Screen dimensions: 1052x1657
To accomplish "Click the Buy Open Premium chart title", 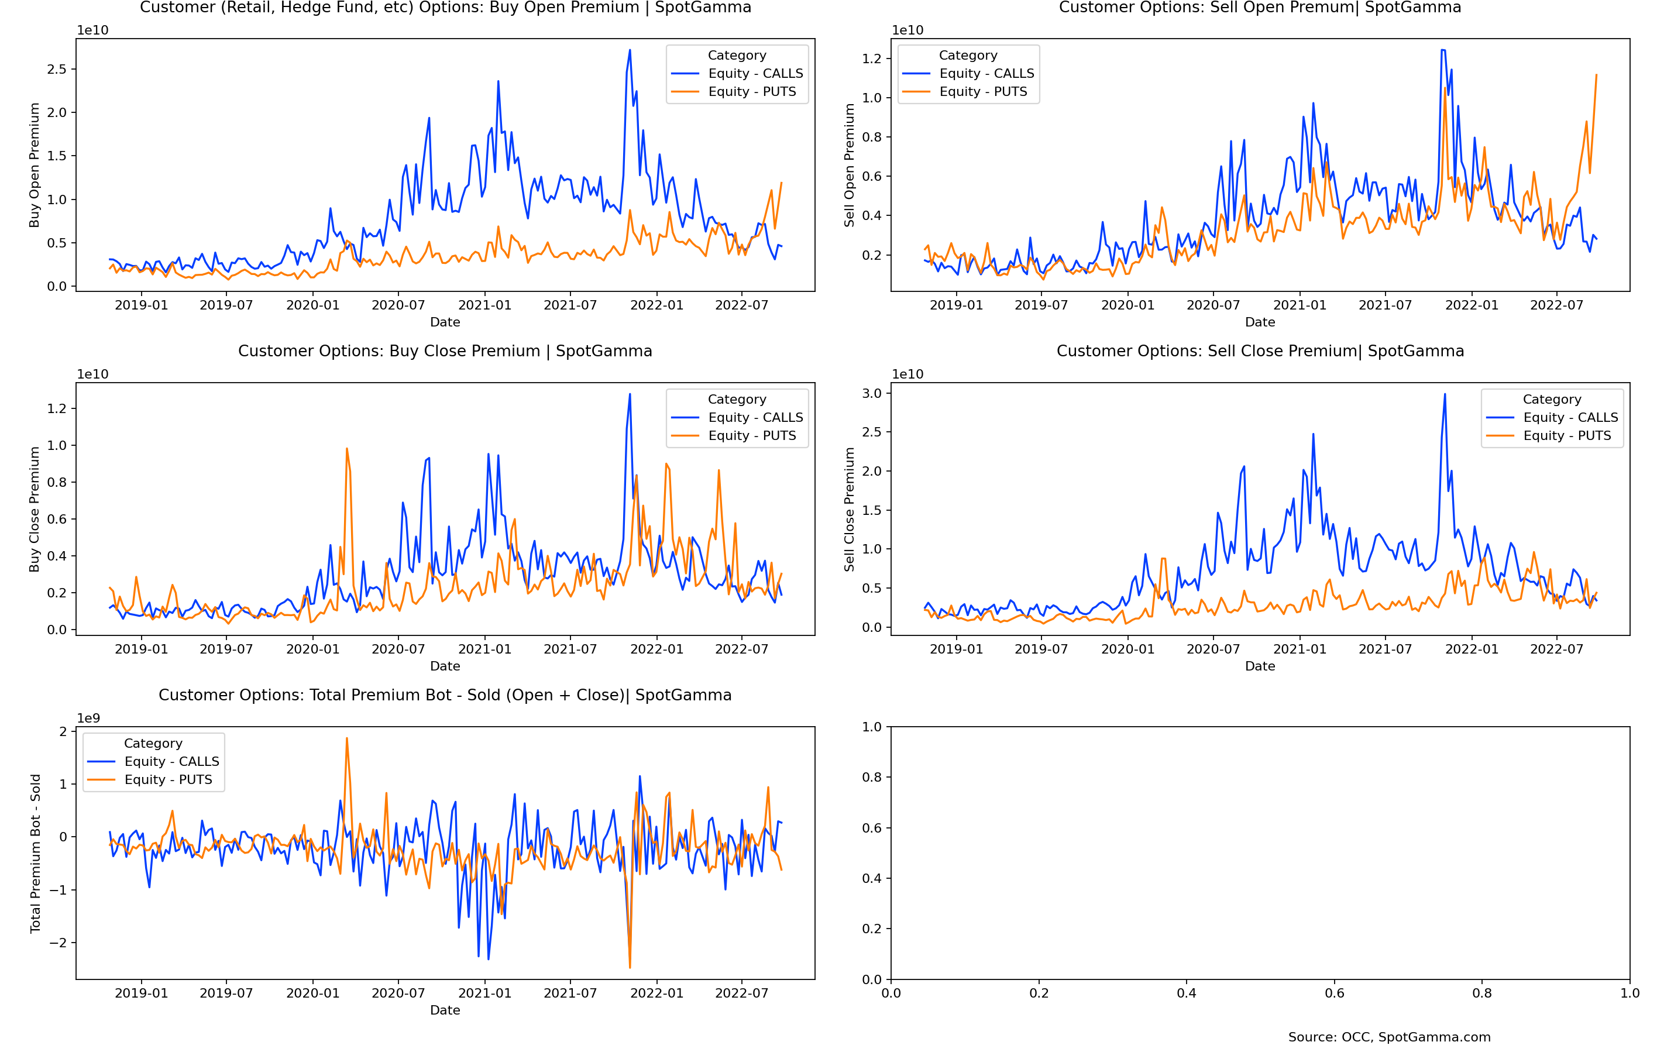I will [445, 8].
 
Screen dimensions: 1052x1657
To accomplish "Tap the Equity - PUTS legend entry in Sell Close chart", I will [1566, 435].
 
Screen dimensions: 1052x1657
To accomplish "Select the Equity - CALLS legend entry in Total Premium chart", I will [171, 761].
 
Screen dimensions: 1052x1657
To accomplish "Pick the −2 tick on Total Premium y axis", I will [58, 943].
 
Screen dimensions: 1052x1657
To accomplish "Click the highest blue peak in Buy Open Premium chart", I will [630, 50].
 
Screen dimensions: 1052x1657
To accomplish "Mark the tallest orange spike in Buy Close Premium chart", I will [347, 449].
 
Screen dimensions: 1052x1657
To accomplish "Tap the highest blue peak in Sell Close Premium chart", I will [1445, 394].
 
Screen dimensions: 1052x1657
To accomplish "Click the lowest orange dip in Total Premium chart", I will [630, 967].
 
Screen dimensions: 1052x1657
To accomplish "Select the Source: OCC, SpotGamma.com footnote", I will [1390, 1037].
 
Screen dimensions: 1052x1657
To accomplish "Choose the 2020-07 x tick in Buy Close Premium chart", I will [398, 649].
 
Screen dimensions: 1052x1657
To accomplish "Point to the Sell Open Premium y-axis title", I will [849, 165].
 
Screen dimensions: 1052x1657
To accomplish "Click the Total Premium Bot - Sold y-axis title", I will [35, 853].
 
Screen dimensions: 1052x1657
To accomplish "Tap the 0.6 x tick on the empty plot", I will [1334, 993].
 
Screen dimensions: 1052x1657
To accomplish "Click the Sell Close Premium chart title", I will [1260, 351].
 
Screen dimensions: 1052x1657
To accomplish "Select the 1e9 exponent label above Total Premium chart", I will [88, 717].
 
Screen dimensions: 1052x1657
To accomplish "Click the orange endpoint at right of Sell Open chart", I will [1597, 75].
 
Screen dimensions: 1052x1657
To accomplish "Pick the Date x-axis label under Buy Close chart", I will [445, 666].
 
